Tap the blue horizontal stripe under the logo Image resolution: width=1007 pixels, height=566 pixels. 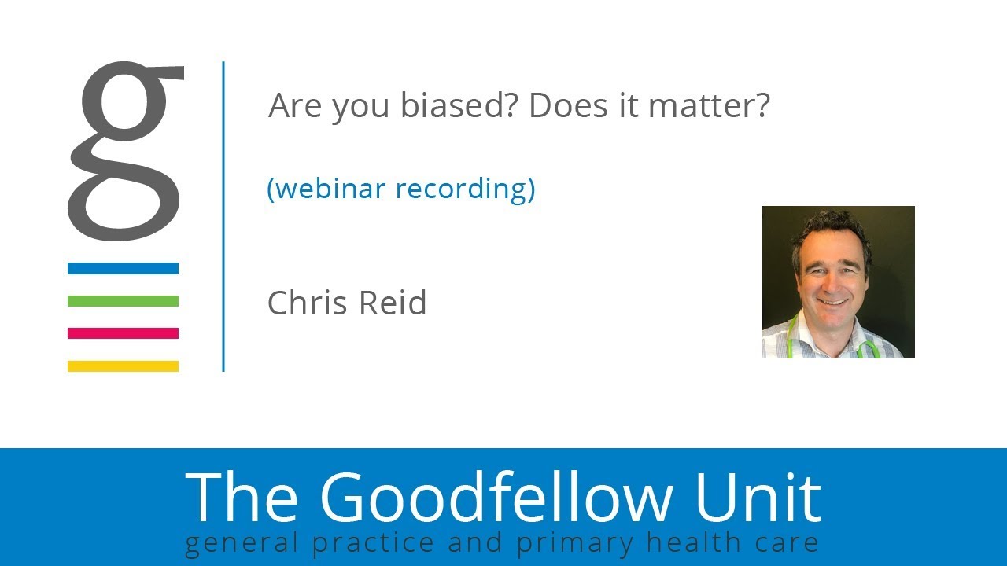[123, 269]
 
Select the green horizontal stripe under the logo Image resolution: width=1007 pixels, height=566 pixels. [123, 301]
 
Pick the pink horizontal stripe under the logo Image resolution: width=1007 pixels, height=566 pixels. [123, 333]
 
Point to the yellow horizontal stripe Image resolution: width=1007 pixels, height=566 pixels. [123, 366]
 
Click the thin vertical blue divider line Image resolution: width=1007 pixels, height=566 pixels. [223, 216]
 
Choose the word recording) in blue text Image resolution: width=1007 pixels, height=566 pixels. [465, 189]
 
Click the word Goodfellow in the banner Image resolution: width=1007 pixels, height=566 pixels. [496, 497]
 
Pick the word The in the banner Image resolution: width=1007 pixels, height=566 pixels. [242, 497]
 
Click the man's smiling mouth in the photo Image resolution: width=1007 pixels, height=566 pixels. [832, 300]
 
